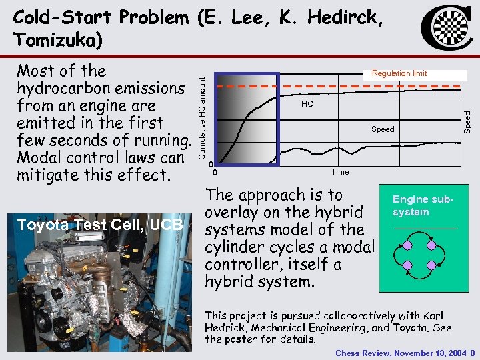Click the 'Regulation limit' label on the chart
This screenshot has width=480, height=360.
(399, 73)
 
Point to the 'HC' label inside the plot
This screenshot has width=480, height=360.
(307, 105)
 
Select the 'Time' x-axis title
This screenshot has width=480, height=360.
(340, 172)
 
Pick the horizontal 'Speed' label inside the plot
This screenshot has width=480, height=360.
(383, 129)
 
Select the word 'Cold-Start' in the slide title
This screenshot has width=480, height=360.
(57, 17)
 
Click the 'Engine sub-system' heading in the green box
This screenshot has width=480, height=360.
(423, 205)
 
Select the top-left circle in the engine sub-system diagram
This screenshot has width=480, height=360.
(408, 245)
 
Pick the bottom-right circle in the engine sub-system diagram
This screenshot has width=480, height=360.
(431, 267)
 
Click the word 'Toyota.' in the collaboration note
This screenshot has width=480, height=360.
(411, 327)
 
